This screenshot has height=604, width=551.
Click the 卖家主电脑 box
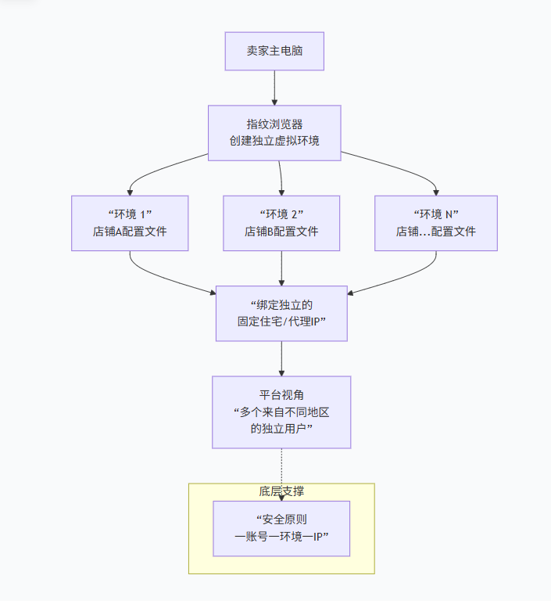[x=274, y=51]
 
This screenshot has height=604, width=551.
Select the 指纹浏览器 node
[x=274, y=133]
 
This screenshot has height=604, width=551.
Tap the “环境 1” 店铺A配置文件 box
[x=130, y=223]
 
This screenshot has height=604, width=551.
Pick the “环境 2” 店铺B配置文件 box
[x=281, y=223]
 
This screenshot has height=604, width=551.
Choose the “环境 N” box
[x=435, y=223]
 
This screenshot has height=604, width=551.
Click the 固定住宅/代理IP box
[x=281, y=313]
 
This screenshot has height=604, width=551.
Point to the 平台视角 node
[x=281, y=412]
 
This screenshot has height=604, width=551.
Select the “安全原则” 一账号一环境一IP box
[x=281, y=528]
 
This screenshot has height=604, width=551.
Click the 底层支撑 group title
[x=281, y=491]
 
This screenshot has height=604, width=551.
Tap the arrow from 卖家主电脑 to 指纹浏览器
[x=274, y=88]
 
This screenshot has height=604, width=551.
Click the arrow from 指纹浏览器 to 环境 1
[x=156, y=167]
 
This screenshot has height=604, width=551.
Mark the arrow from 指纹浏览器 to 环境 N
[x=406, y=167]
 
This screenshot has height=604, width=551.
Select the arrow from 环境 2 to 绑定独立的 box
[x=281, y=268]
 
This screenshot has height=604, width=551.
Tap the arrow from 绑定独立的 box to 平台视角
[x=281, y=358]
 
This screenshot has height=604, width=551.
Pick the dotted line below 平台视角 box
[x=281, y=469]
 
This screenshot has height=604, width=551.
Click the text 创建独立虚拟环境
[x=274, y=142]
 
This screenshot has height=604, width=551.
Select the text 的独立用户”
[x=281, y=429]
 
